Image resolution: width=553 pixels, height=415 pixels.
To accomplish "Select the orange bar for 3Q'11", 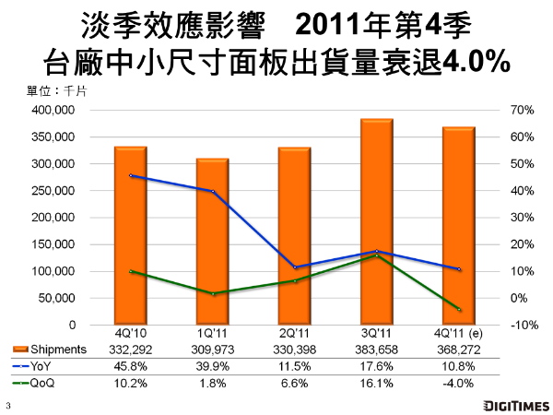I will coord(376,221).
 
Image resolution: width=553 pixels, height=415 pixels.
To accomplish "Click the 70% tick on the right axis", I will coord(520,110).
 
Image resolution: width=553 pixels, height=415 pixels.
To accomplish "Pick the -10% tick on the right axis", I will coord(520,326).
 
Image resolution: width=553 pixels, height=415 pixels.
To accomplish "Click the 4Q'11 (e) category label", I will coord(458,336).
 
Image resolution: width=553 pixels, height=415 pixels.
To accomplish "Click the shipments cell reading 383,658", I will coord(376,350).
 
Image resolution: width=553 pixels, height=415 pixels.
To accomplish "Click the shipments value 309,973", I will coord(212,350).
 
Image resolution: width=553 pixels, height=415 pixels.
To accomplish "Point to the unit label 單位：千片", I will coord(56,92).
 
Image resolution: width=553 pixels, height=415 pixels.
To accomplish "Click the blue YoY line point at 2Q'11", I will coord(294,267).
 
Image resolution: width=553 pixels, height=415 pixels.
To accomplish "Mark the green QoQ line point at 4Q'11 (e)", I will coord(458,309).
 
